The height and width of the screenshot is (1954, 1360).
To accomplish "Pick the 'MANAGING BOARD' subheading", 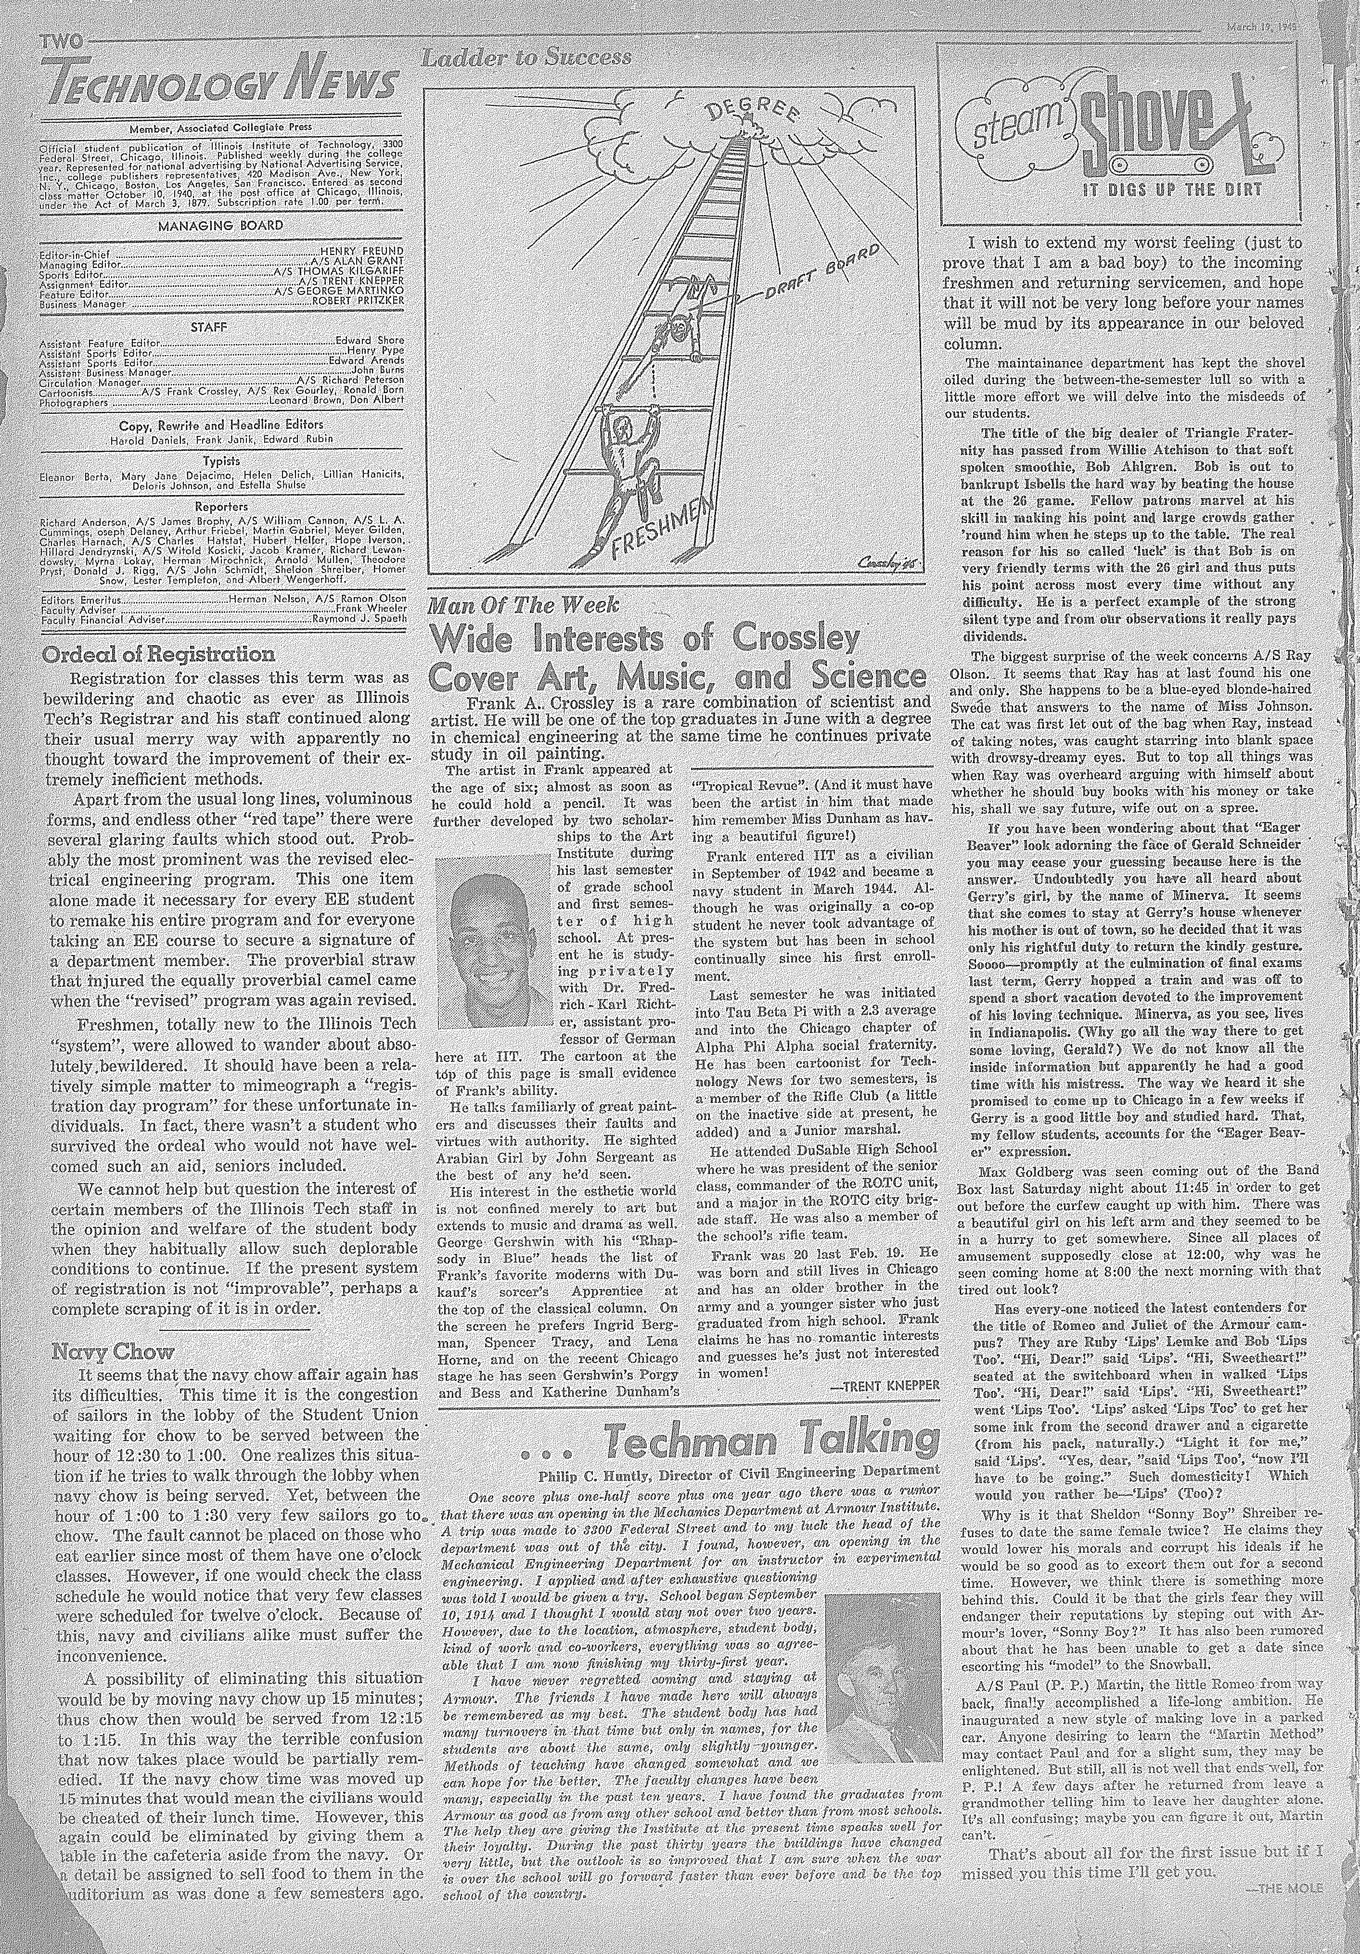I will click(220, 226).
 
